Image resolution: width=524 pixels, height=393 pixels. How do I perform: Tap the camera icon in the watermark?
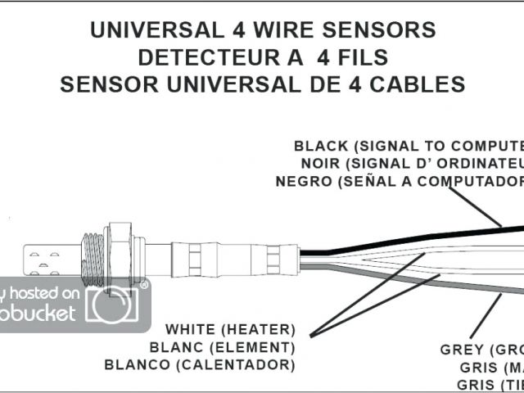(x=111, y=305)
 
